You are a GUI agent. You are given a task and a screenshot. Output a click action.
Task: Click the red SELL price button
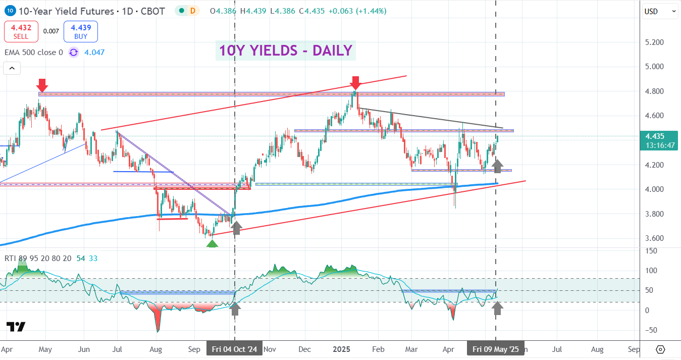pyautogui.click(x=21, y=31)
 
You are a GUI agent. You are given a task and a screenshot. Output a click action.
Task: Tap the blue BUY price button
pyautogui.click(x=80, y=31)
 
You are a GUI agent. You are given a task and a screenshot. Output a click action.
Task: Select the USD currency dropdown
pyautogui.click(x=659, y=11)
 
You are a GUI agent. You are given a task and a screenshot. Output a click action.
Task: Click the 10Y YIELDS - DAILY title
pyautogui.click(x=285, y=50)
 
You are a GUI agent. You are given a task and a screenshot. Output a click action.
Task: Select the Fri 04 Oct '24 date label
pyautogui.click(x=234, y=349)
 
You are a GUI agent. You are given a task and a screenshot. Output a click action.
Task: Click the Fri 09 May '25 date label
pyautogui.click(x=495, y=349)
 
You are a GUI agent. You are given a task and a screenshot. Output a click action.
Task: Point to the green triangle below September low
pyautogui.click(x=213, y=243)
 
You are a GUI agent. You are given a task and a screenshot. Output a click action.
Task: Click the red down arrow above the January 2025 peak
pyautogui.click(x=355, y=82)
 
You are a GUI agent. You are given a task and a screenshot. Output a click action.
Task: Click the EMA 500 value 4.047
pyautogui.click(x=94, y=52)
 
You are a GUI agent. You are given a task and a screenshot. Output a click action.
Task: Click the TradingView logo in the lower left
pyautogui.click(x=16, y=327)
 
